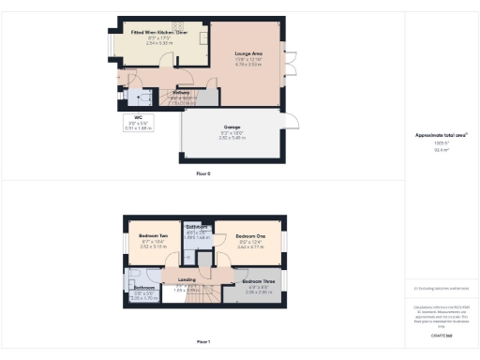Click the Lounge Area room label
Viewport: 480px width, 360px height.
coord(248,55)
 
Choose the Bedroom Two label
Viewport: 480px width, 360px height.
coord(154,235)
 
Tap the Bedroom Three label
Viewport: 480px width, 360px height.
coord(259,281)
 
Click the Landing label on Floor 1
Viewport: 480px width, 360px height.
coord(187,279)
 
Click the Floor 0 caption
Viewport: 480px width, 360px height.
coord(202,174)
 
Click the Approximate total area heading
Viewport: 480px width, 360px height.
coord(441,135)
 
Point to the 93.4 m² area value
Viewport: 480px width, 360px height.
coord(441,150)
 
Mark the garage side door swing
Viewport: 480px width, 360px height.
coord(292,120)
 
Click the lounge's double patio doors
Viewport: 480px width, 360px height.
coord(291,63)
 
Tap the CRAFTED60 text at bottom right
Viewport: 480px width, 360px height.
coord(442,335)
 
